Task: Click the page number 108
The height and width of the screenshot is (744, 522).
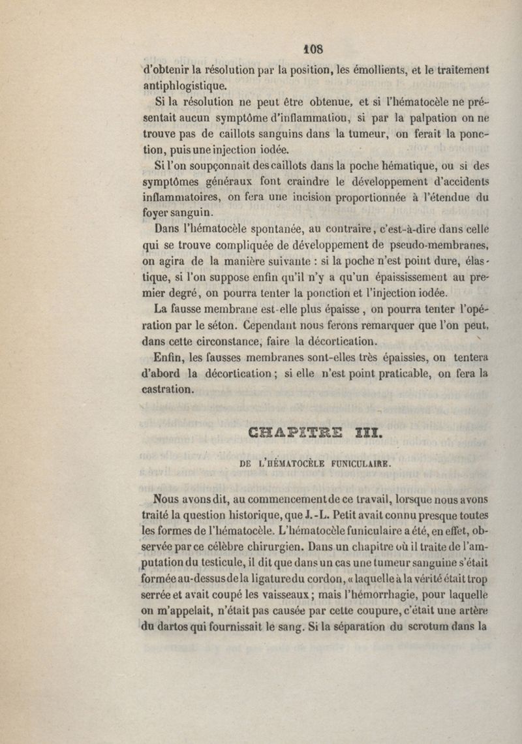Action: click(313, 49)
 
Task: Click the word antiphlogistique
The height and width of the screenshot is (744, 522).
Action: click(185, 85)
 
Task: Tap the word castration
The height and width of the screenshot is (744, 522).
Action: click(168, 390)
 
